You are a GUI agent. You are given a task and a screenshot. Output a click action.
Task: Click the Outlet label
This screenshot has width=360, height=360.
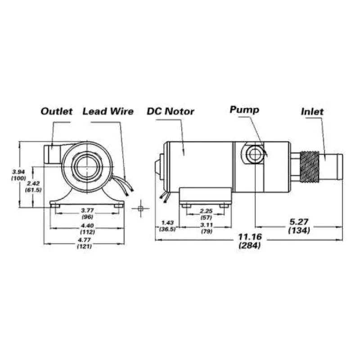pyautogui.click(x=57, y=111)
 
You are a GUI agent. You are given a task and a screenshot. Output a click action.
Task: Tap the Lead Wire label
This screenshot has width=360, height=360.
pyautogui.click(x=108, y=111)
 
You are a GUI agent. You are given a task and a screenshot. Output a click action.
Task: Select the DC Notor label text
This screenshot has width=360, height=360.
pyautogui.click(x=171, y=111)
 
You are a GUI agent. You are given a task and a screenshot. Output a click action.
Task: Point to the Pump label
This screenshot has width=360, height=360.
pyautogui.click(x=244, y=110)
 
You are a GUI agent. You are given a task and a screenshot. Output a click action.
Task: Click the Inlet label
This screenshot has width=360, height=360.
pyautogui.click(x=312, y=112)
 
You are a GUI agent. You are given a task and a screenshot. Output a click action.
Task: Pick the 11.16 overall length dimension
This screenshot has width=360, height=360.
pyautogui.click(x=250, y=237)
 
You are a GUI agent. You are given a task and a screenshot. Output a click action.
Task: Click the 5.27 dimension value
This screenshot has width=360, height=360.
pyautogui.click(x=299, y=222)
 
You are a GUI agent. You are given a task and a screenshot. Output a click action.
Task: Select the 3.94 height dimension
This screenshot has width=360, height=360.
pyautogui.click(x=18, y=171)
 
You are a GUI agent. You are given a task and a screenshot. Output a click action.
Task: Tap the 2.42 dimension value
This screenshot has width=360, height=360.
pyautogui.click(x=33, y=184)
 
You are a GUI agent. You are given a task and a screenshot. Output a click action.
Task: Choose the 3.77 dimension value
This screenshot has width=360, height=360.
pyautogui.click(x=87, y=210)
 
